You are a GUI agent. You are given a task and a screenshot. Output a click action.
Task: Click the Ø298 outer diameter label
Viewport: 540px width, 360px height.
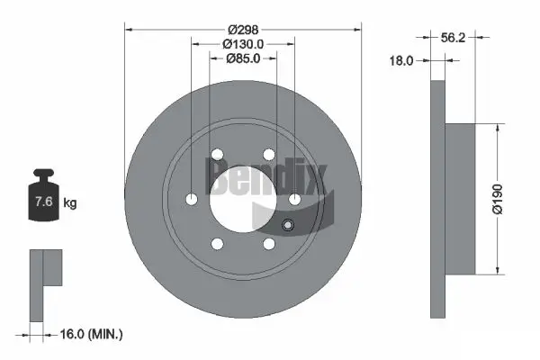click(x=243, y=29)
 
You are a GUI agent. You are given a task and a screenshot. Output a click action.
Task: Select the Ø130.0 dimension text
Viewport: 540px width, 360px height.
click(x=243, y=44)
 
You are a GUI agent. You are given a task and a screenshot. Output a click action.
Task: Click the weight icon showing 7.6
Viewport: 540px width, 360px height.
click(x=43, y=201)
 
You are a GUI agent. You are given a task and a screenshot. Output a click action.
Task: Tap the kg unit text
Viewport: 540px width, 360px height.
click(x=70, y=203)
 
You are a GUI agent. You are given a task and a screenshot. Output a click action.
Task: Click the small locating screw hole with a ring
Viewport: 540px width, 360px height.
click(x=287, y=226)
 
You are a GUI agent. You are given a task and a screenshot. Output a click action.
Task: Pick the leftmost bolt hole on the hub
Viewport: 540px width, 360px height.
click(x=192, y=199)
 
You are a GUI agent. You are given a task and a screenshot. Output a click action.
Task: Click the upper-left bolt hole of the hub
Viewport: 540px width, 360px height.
click(x=217, y=156)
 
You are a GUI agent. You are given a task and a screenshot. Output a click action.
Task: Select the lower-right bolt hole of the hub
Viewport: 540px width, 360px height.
click(x=268, y=243)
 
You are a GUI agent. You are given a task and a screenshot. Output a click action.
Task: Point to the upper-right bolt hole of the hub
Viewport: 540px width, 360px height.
click(x=268, y=156)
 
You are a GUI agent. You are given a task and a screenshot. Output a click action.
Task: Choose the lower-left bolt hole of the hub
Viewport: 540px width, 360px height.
click(x=217, y=243)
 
